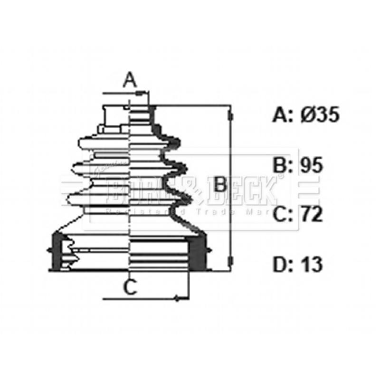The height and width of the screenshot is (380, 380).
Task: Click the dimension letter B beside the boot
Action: (219, 184)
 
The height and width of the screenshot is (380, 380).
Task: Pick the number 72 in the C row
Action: (311, 215)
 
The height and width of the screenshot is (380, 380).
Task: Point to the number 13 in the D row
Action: (311, 265)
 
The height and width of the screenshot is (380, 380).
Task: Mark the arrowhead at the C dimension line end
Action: (176, 298)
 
